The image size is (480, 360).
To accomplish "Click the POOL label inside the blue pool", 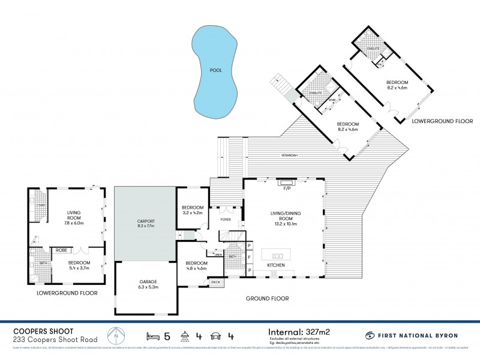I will pyautogui.click(x=215, y=70).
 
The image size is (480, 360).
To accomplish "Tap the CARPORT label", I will pyautogui.click(x=146, y=224).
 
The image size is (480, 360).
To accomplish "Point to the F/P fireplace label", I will pyautogui.click(x=286, y=190).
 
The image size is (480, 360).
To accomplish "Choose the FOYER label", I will pyautogui.click(x=225, y=220).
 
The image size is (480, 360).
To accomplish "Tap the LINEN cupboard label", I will pyautogui.click(x=217, y=255).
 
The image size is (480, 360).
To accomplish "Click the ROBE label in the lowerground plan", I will pyautogui.click(x=61, y=250).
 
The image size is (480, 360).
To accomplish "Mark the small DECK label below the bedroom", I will pyautogui.click(x=215, y=282).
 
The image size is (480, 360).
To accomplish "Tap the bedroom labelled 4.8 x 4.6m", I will pyautogui.click(x=196, y=267).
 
